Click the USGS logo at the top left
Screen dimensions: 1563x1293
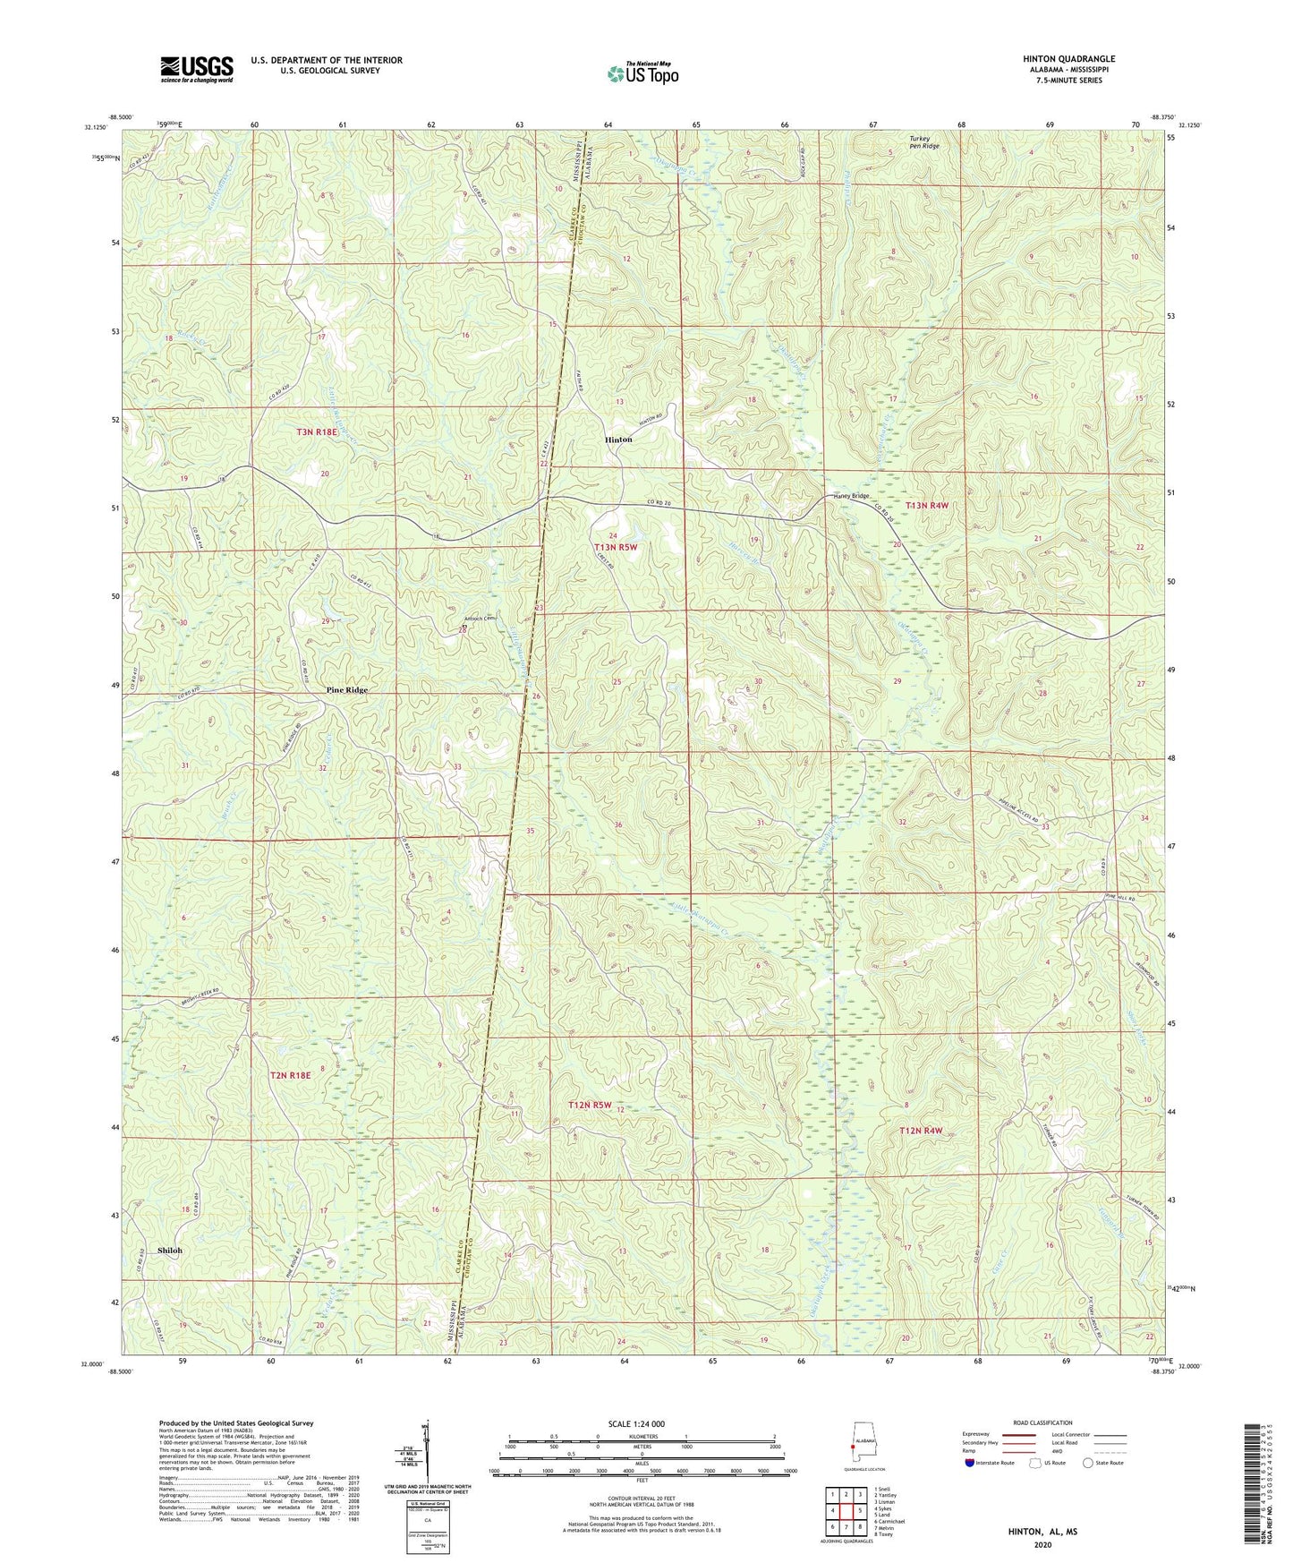coord(197,68)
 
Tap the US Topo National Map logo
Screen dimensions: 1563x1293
coord(642,73)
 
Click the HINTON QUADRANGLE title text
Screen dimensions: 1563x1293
coord(1068,59)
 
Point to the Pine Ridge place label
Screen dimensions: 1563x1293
coord(347,690)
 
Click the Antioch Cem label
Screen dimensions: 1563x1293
coord(479,619)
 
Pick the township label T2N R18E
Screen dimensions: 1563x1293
coord(290,1074)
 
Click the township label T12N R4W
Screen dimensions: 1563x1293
coord(921,1131)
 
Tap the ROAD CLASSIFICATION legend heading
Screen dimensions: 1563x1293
coord(1042,1422)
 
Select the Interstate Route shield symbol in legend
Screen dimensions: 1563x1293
coord(970,1463)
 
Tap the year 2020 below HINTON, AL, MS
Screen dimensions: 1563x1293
coord(1042,1544)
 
